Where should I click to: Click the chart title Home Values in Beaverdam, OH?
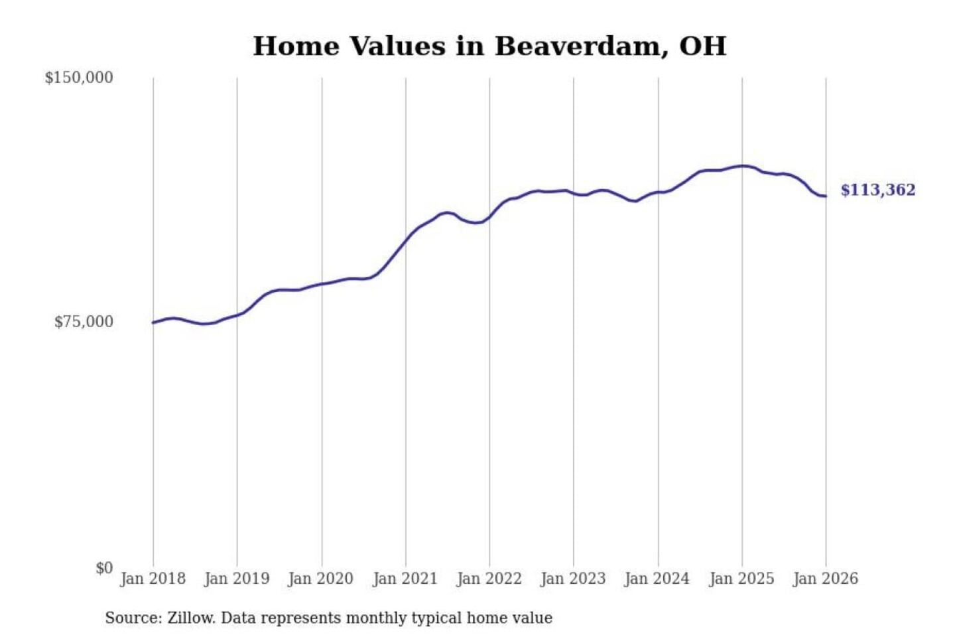489,46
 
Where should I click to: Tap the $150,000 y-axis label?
79,78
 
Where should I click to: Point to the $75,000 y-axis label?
84,322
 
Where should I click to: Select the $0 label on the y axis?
104,568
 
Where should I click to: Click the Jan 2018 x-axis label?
153,579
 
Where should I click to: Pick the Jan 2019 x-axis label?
237,579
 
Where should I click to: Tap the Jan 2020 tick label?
321,579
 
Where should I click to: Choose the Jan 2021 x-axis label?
405,579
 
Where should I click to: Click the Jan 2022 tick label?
489,579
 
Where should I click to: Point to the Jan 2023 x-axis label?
573,579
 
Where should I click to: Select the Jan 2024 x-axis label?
657,579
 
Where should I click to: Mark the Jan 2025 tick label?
741,579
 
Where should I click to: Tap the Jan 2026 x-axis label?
826,579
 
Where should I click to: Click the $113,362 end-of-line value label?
878,190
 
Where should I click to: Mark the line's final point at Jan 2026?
826,196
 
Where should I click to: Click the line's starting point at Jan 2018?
153,322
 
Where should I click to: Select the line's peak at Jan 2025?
742,166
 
